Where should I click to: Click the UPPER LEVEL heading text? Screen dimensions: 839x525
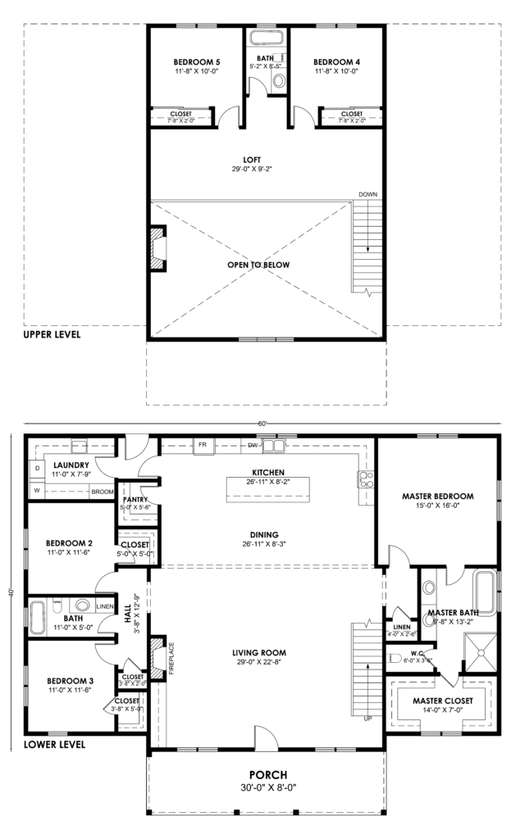pyautogui.click(x=52, y=334)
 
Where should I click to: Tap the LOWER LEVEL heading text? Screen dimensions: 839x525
pyautogui.click(x=53, y=745)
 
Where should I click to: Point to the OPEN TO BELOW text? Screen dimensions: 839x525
pyautogui.click(x=258, y=265)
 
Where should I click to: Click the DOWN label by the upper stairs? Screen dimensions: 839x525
pyautogui.click(x=367, y=194)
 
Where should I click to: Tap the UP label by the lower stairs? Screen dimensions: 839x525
pyautogui.click(x=368, y=719)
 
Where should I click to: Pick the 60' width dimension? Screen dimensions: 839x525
pyautogui.click(x=262, y=424)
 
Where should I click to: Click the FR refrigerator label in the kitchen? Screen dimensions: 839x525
pyautogui.click(x=201, y=446)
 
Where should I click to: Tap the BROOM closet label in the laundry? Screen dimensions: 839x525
pyautogui.click(x=102, y=492)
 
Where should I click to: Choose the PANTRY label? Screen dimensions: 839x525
pyautogui.click(x=134, y=499)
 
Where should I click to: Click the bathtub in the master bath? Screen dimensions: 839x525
pyautogui.click(x=485, y=592)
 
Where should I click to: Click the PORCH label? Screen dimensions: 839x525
pyautogui.click(x=267, y=774)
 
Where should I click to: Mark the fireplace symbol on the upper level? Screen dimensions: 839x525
pyautogui.click(x=156, y=248)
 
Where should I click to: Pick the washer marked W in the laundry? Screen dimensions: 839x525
pyautogui.click(x=36, y=491)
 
